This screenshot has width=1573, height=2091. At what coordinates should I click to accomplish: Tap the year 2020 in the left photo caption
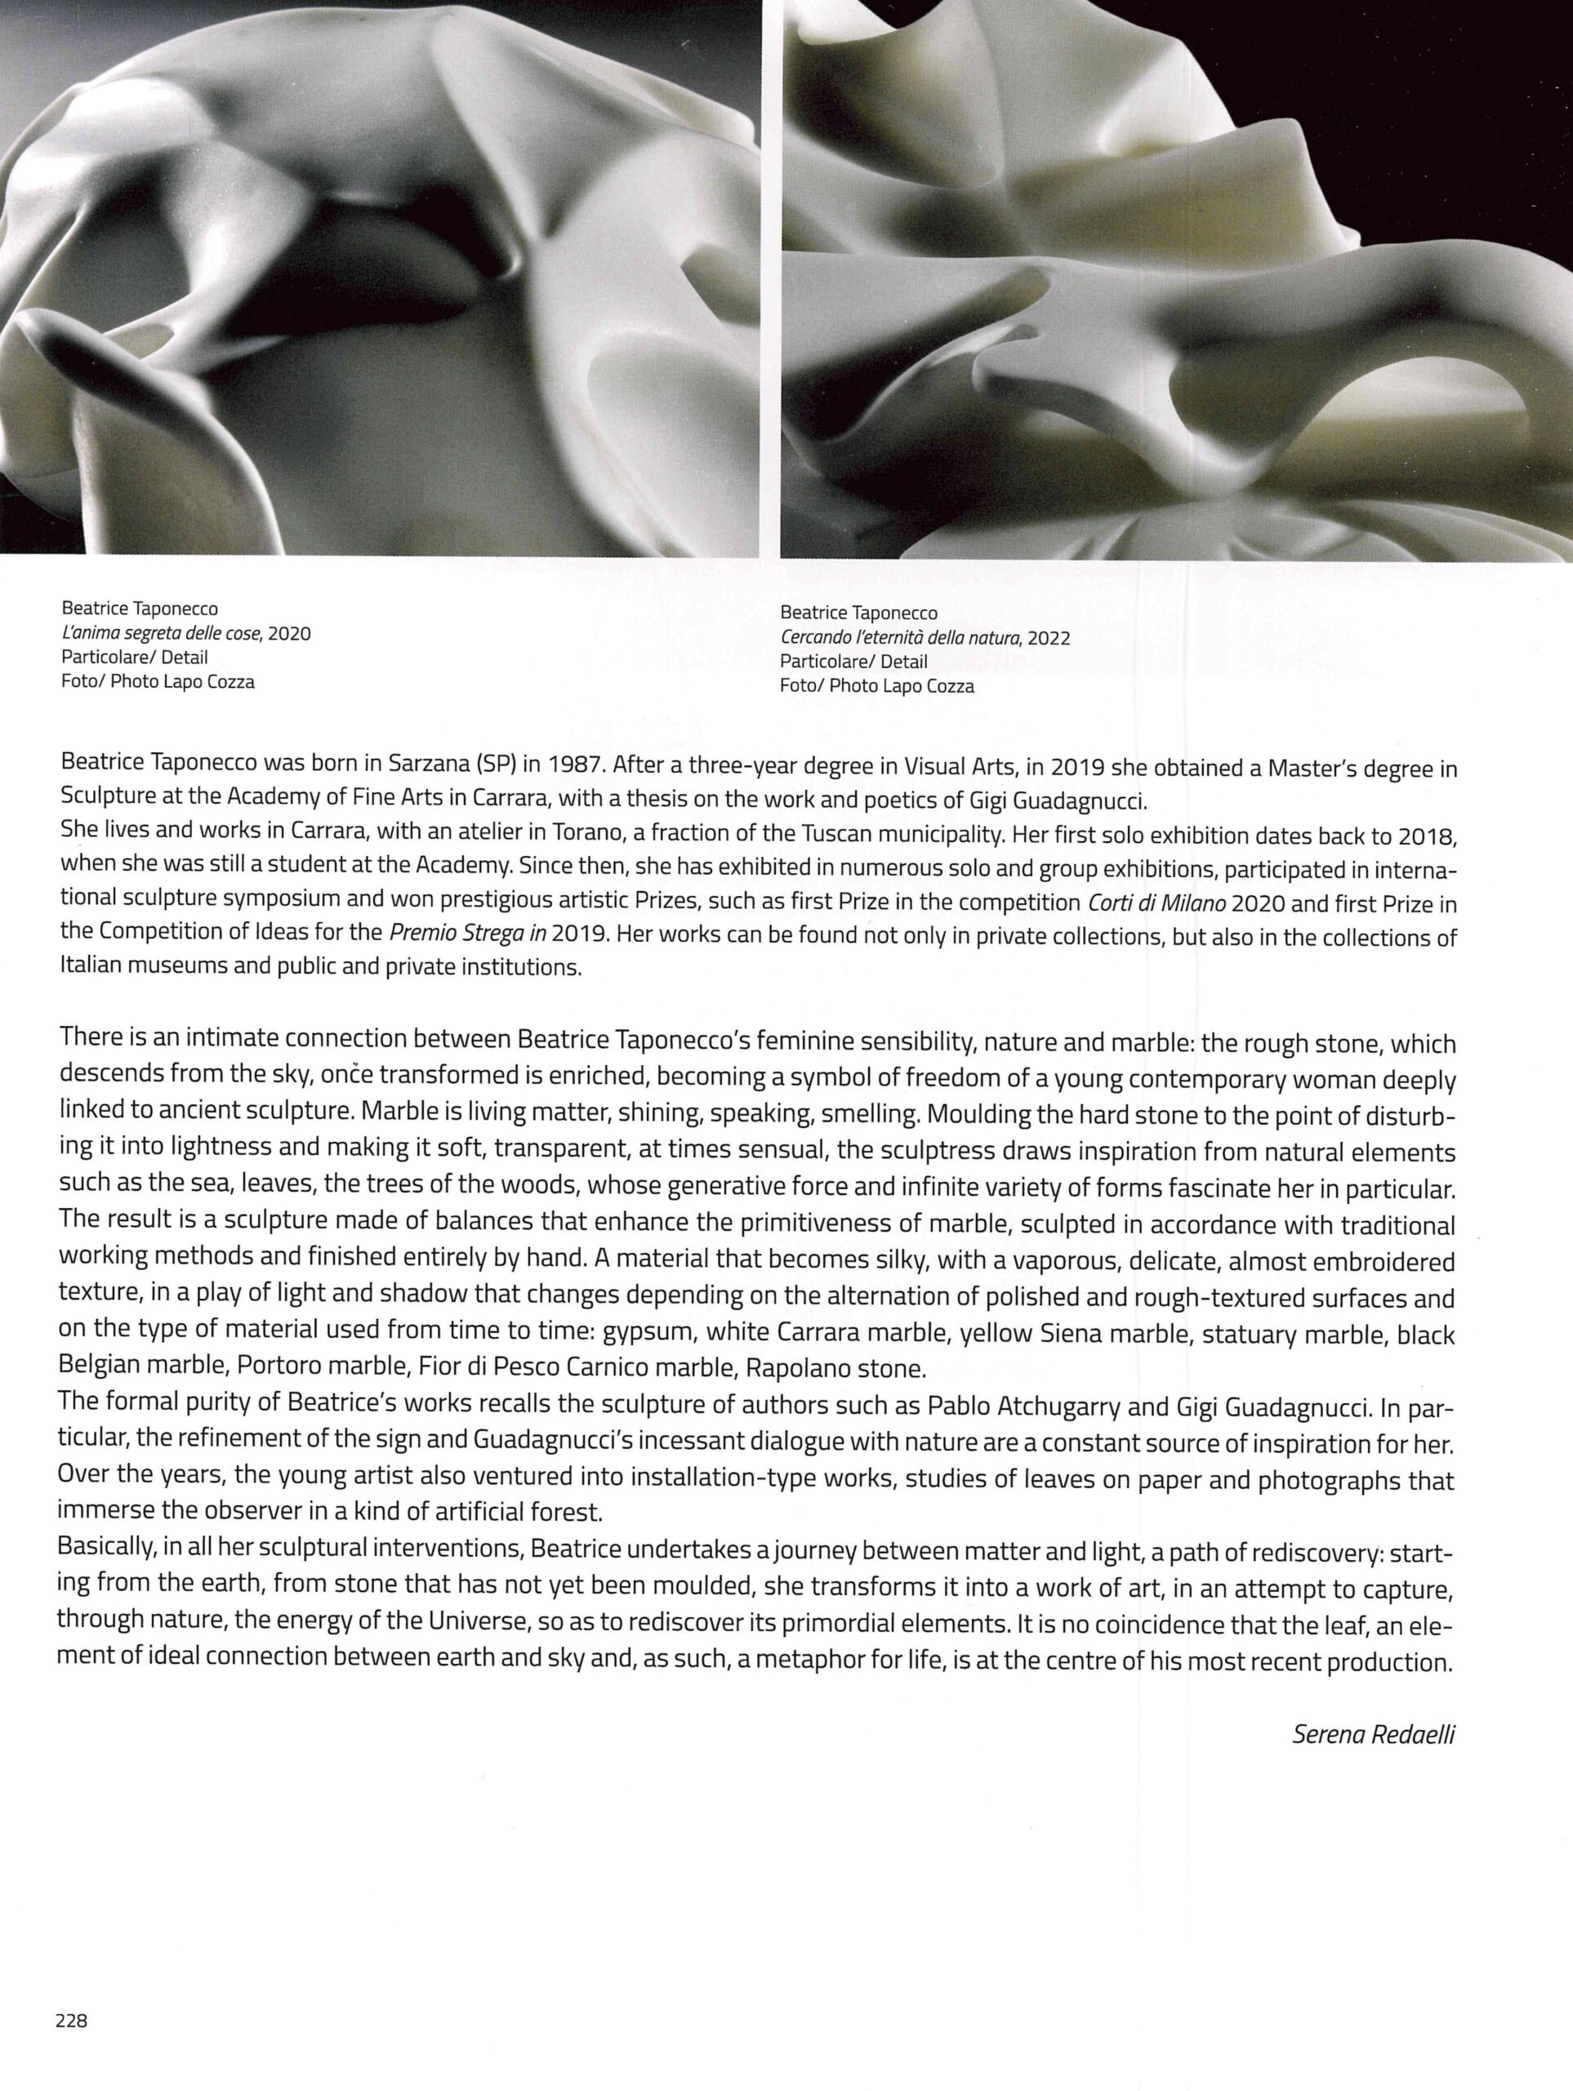(289, 633)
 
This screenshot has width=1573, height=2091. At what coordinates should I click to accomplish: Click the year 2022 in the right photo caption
(1049, 638)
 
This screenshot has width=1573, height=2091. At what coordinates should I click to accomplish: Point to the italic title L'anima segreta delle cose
(163, 633)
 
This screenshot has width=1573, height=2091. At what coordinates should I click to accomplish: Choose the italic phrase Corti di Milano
(1157, 903)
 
